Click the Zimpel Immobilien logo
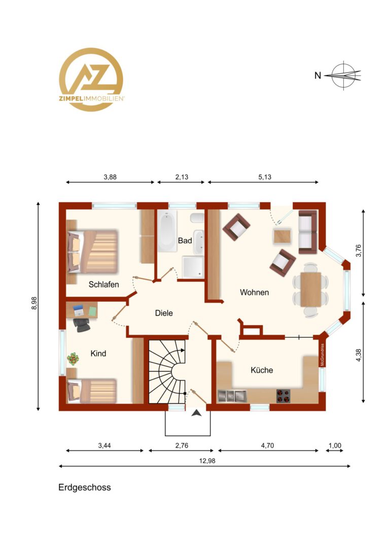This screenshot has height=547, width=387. [91, 80]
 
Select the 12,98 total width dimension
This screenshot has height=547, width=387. [207, 461]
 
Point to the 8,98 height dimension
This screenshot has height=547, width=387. [34, 303]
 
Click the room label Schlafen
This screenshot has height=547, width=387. [104, 284]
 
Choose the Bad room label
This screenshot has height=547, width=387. [185, 241]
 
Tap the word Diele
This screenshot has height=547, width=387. [164, 313]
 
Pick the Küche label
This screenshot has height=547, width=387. [262, 370]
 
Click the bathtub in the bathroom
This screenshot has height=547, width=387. [167, 231]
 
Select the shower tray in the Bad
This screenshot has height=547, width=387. [193, 267]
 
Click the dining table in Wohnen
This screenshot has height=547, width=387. [310, 290]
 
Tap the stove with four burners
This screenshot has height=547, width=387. [283, 396]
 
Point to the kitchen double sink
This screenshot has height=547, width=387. [232, 396]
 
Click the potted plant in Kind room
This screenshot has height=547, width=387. [73, 359]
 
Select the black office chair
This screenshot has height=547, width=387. [82, 324]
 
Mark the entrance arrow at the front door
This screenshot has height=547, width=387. [197, 413]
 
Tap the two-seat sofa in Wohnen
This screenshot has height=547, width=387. [308, 232]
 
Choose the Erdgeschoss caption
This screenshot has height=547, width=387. [85, 487]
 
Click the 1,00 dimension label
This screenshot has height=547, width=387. [335, 446]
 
